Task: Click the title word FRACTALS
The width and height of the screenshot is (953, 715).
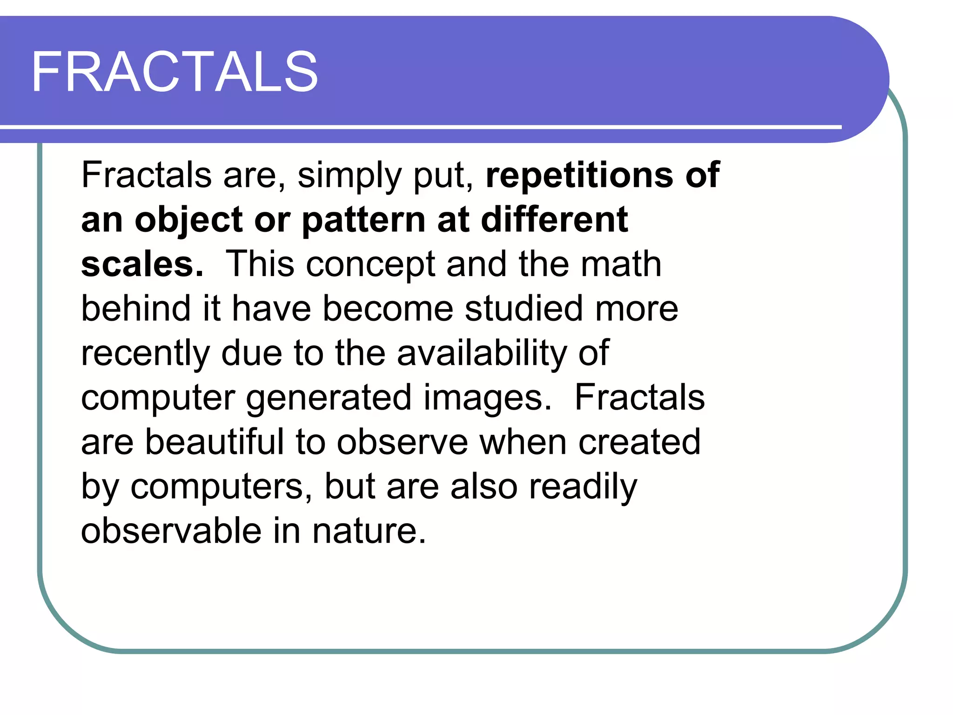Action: tap(174, 72)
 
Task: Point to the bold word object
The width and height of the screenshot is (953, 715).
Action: tap(189, 220)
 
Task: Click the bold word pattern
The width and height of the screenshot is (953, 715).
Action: tap(363, 220)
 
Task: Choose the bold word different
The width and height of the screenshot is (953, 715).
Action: tap(554, 219)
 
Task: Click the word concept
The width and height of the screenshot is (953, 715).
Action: tap(370, 265)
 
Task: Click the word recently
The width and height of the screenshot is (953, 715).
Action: tap(145, 353)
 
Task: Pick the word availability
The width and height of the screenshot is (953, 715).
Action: tap(482, 353)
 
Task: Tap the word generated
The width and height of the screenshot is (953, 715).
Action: tap(329, 398)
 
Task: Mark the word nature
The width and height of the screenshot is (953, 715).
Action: tap(369, 531)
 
